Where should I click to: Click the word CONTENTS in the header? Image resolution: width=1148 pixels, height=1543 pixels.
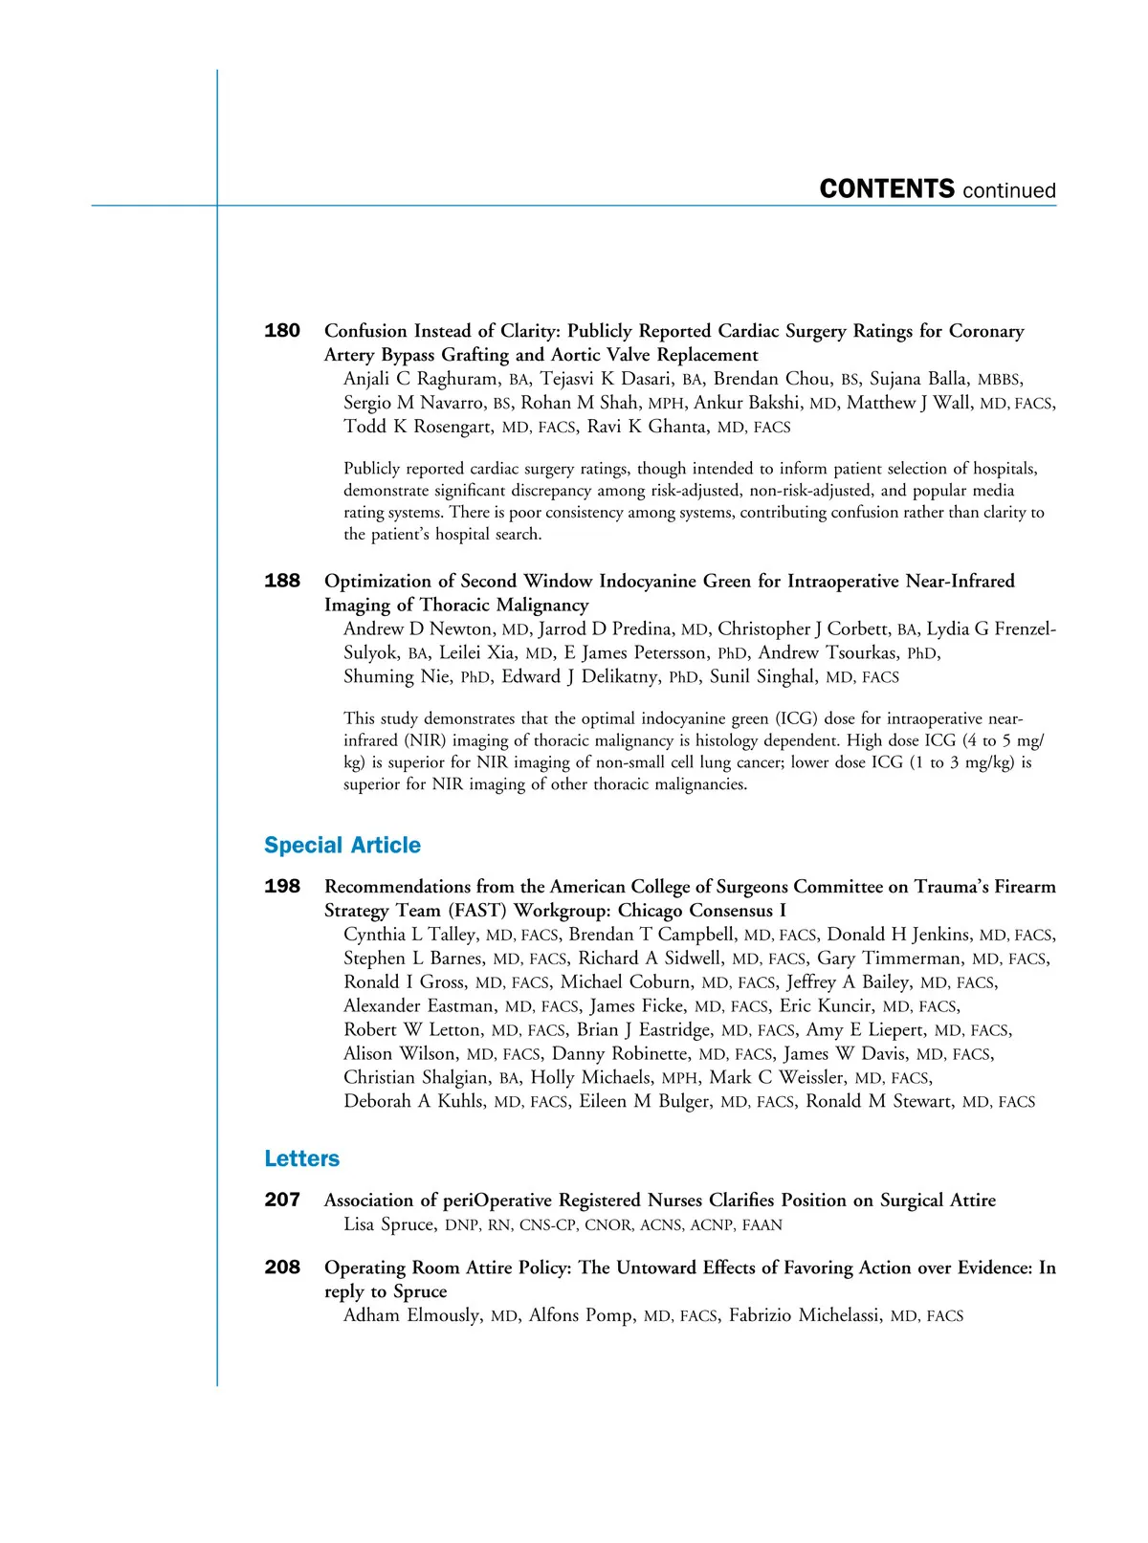pos(887,188)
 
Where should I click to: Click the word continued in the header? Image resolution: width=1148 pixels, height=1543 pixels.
pos(1009,190)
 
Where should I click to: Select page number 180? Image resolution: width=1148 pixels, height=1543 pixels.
pos(282,331)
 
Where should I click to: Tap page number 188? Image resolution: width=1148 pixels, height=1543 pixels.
pos(282,581)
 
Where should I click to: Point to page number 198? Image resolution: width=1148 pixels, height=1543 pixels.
pos(282,887)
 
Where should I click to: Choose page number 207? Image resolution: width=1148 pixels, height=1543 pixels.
pos(282,1200)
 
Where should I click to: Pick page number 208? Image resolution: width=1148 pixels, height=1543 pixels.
pos(282,1267)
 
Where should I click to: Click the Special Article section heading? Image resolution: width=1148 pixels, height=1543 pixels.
pos(342,846)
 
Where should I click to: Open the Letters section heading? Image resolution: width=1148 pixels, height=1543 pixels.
pos(302,1159)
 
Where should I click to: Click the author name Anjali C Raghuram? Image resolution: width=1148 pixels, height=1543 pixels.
pos(421,379)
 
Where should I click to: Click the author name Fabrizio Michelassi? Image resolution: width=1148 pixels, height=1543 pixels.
pos(805,1315)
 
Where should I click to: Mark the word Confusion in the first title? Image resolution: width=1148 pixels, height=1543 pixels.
pos(365,331)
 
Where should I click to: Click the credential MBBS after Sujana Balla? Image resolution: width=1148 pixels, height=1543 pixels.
pos(999,380)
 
